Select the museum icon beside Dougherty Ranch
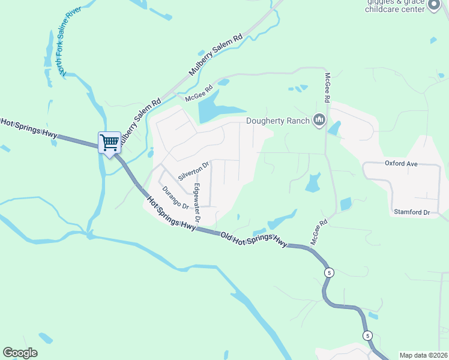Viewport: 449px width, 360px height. [x=319, y=121]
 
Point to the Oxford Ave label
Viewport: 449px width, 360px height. [x=400, y=163]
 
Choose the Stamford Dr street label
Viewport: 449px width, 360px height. [x=412, y=212]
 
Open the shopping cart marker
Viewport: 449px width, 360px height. [x=109, y=143]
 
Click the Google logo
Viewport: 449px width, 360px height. [x=20, y=353]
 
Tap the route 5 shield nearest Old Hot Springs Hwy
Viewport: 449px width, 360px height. [x=328, y=272]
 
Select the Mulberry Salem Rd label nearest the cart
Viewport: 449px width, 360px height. [x=139, y=120]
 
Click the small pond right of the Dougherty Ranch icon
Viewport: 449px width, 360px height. [x=334, y=127]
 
